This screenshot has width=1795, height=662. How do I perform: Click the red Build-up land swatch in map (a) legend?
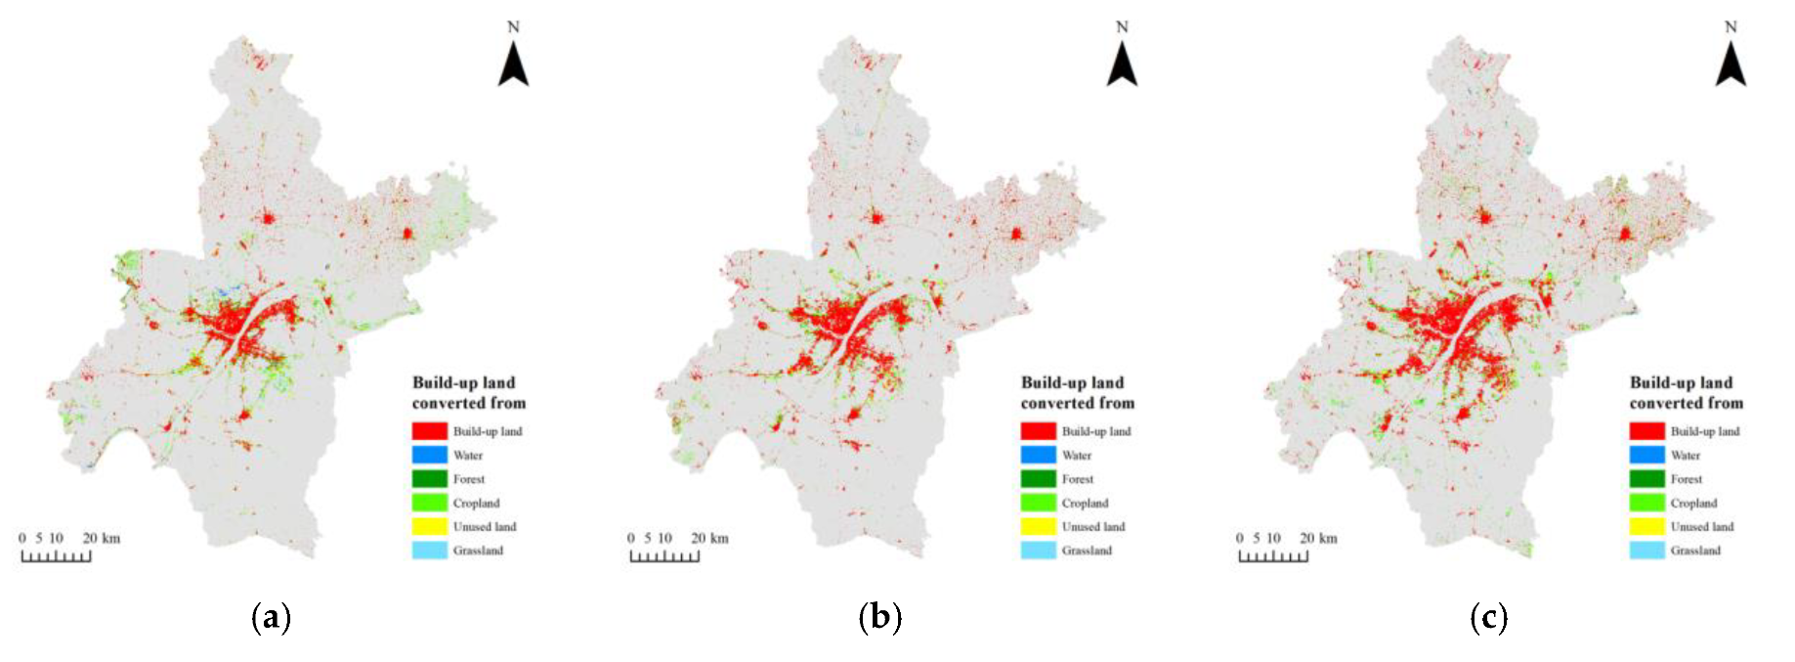pos(429,431)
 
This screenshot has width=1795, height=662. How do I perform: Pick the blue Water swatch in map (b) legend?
pos(1038,455)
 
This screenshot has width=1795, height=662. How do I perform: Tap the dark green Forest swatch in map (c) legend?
pos(1646,479)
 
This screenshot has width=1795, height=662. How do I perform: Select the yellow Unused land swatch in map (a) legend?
pos(429,527)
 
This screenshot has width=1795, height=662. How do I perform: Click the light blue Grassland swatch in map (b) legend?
pos(1038,551)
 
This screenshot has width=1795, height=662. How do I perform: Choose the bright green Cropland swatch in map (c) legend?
pos(1646,503)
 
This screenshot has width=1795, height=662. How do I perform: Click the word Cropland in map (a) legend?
pos(476,504)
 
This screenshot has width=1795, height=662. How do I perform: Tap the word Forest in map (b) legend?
pos(1078,479)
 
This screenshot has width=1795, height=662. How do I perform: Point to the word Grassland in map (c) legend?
pos(1695,551)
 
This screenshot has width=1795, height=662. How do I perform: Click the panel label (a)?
pos(271,618)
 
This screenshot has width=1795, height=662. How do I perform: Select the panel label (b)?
pos(879,618)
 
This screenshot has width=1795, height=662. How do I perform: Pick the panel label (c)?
pos(1488,618)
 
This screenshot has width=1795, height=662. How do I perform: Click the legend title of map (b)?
pos(1076,392)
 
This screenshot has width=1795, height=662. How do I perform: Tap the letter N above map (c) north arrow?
pos(1731,27)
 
